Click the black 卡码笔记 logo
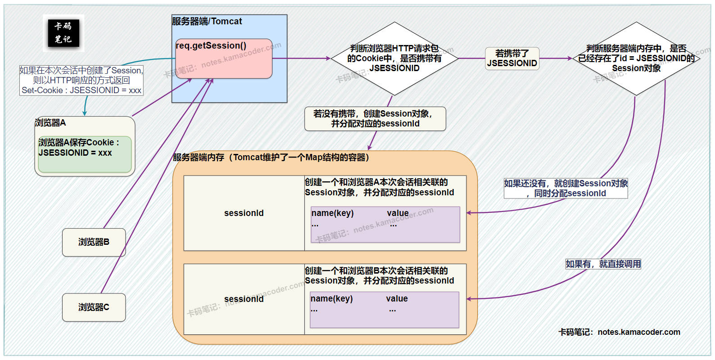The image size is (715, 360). point(63,33)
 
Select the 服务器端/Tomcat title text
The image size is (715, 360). point(207,21)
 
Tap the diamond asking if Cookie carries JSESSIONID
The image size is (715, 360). point(394,58)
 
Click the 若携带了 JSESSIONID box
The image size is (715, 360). point(512,58)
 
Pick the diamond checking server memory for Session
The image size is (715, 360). point(636,58)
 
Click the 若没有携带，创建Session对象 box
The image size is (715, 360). point(375,119)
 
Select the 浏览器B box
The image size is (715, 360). point(94,242)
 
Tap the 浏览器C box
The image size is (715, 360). point(94,307)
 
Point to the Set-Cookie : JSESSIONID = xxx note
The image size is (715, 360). point(81,90)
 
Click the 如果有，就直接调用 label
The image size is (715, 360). point(603,264)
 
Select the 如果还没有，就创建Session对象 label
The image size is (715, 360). point(566,189)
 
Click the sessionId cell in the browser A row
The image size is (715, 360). point(244,213)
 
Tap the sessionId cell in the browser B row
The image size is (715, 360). point(244,299)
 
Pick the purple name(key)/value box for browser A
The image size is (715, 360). point(385,225)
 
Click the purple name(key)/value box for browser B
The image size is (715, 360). point(384,310)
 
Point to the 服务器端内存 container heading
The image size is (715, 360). point(271,157)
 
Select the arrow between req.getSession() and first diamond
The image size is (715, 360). point(302,58)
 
